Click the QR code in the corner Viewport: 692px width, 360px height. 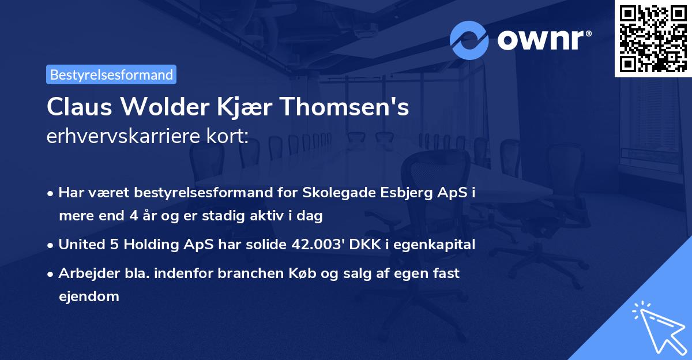point(653,38)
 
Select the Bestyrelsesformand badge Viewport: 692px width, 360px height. point(111,74)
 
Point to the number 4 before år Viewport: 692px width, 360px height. point(148,216)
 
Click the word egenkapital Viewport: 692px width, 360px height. point(441,245)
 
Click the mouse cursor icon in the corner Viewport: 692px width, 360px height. point(660,329)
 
